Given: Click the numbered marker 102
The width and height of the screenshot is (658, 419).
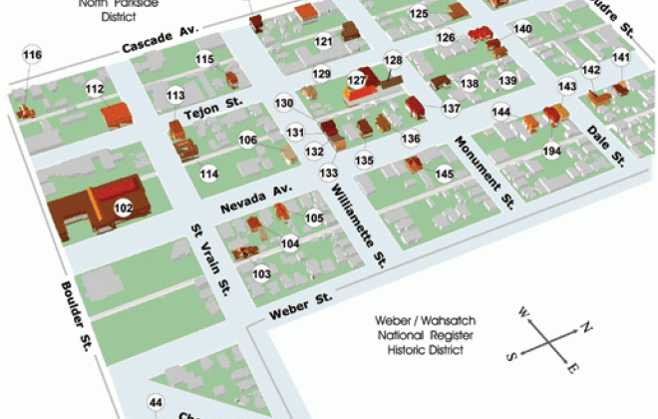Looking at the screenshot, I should click(x=124, y=209).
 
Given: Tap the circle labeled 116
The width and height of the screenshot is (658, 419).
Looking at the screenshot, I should click(x=33, y=54).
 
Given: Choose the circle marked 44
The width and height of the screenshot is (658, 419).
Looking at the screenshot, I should click(x=155, y=403).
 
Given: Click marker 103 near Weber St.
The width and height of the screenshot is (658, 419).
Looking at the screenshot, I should click(x=262, y=273).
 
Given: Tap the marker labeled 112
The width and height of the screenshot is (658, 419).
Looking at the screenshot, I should click(x=95, y=89).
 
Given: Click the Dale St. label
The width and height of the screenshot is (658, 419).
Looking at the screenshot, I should click(x=605, y=145).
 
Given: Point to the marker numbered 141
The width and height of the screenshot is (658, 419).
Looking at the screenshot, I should click(x=621, y=58).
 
